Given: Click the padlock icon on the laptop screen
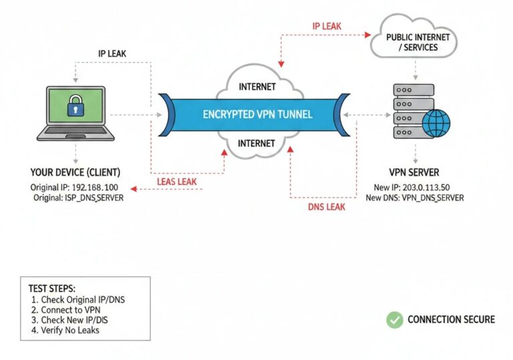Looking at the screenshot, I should point(74,107).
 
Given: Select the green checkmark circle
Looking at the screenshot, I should point(395,319).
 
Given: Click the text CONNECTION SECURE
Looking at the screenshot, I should point(451,319).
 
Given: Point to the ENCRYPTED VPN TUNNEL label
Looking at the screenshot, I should point(257,115).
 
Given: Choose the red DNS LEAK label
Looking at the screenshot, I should point(327,207).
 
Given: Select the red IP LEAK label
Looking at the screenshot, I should point(327,26).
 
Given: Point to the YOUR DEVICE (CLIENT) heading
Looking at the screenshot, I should point(75,172).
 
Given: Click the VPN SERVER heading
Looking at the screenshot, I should point(414,172).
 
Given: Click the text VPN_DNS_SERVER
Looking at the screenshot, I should point(433,198).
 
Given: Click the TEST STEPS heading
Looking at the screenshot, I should point(52,289).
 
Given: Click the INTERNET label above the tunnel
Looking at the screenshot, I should point(257,86).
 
